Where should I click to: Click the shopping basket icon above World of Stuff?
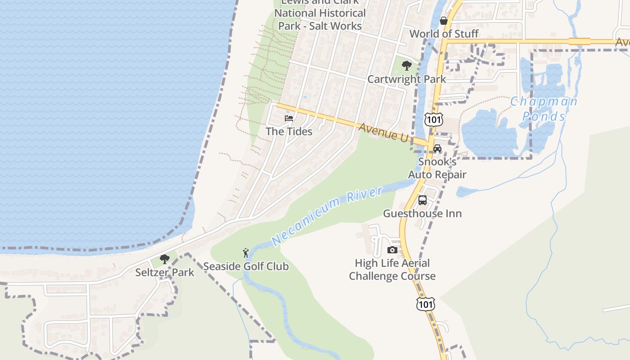click(x=444, y=21)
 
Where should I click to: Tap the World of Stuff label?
click(x=444, y=34)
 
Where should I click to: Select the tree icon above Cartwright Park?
click(x=407, y=66)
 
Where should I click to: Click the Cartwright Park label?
click(x=406, y=79)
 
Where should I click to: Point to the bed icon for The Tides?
click(x=289, y=118)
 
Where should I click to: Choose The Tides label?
click(x=289, y=131)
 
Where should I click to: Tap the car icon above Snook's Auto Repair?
click(x=437, y=148)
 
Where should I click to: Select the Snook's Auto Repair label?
click(x=437, y=168)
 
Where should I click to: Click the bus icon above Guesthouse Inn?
click(x=423, y=200)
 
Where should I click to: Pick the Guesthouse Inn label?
click(x=422, y=213)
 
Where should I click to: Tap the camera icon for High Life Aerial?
click(x=392, y=250)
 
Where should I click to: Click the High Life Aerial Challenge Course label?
click(x=392, y=270)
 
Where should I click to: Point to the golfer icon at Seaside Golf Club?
click(x=246, y=253)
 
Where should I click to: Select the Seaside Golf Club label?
click(x=246, y=266)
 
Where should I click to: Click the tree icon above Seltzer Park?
click(x=165, y=259)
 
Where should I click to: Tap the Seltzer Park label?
click(x=165, y=272)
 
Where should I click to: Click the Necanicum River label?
click(x=327, y=217)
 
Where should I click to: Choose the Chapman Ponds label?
click(x=544, y=109)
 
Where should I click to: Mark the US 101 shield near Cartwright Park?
click(x=433, y=119)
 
